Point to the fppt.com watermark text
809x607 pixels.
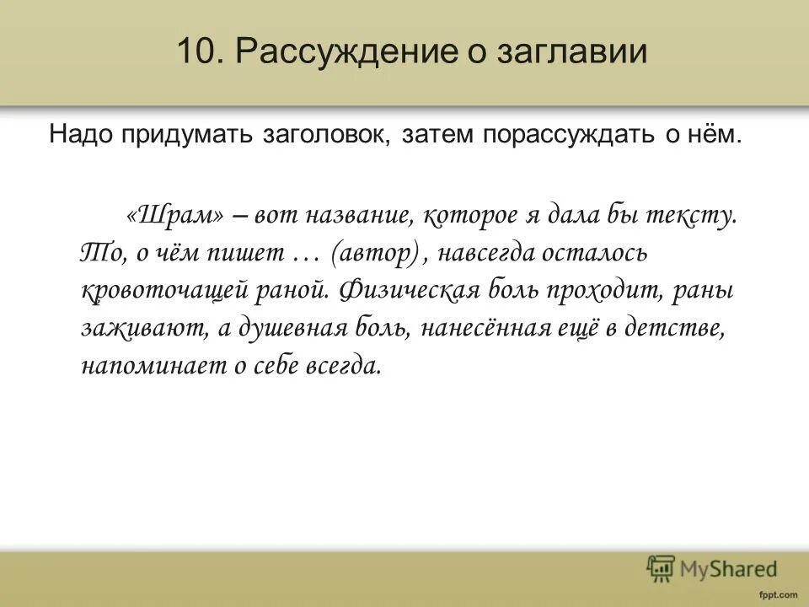[775, 594]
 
